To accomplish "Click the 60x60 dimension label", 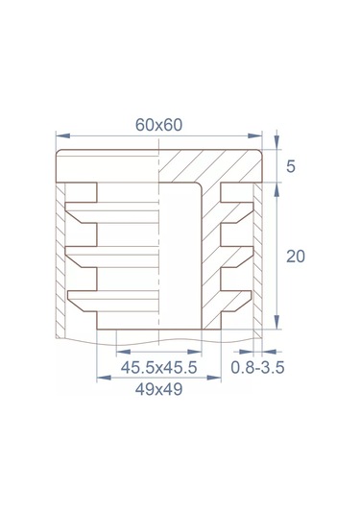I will [159, 125].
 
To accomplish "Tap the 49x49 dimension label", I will [157, 389].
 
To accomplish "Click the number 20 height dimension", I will [296, 257].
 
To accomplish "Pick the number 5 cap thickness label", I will [291, 166].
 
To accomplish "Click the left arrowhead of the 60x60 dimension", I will [61, 135].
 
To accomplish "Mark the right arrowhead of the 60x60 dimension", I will [260, 135].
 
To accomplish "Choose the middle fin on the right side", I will [237, 255].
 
